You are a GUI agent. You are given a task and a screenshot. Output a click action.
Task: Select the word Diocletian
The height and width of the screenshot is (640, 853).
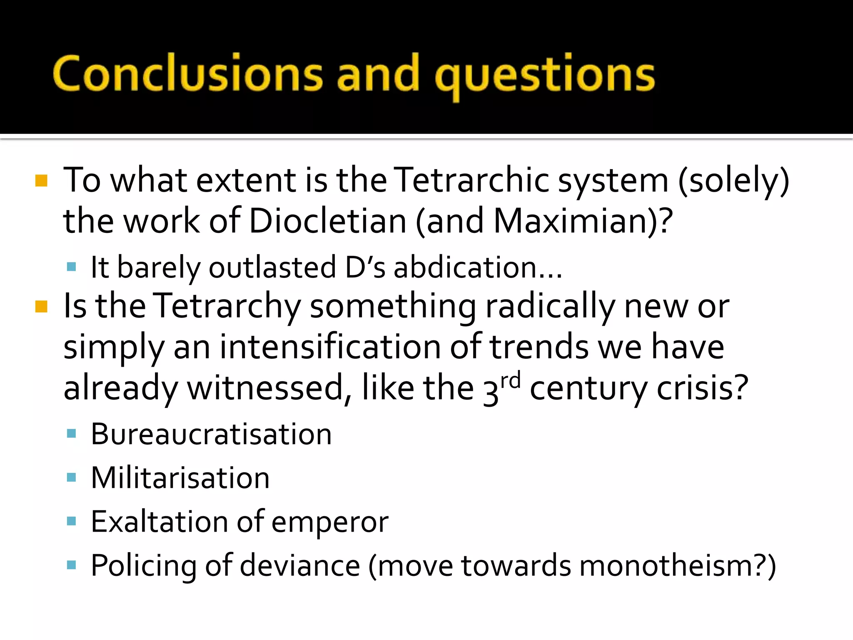[x=328, y=221]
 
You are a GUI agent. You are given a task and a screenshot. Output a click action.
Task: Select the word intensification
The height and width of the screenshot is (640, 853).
[x=330, y=347]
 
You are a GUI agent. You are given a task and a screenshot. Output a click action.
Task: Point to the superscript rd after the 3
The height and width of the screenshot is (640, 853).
[x=510, y=381]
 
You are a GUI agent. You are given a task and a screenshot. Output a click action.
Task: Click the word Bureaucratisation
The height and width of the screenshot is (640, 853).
[x=211, y=434]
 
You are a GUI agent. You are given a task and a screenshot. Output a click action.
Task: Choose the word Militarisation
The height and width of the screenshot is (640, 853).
[x=180, y=477]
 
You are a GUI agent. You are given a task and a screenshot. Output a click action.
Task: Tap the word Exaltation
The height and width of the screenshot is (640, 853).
[x=160, y=521]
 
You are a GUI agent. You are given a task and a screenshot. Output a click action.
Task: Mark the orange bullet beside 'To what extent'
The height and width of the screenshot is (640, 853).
[x=41, y=180]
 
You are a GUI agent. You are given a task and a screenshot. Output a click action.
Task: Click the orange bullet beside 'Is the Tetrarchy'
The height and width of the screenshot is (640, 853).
[x=41, y=307]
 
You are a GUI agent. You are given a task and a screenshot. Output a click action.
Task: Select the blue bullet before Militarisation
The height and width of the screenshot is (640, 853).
[x=71, y=477]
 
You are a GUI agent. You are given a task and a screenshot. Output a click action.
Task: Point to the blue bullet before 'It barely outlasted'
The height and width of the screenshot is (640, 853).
[x=71, y=267]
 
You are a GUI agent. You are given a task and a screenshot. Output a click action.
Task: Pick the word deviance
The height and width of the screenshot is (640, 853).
[x=300, y=565]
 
